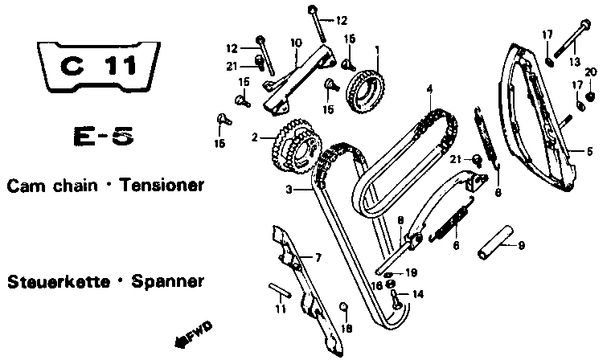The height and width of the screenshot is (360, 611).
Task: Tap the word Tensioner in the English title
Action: tap(161, 186)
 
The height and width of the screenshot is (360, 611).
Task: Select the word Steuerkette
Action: tap(54, 283)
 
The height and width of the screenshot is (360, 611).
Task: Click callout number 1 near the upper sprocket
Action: tap(376, 50)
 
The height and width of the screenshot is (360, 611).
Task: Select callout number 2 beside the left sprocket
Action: tap(255, 137)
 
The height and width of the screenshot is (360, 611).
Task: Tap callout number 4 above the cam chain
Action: tap(430, 88)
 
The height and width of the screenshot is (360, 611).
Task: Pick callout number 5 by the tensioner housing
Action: tap(589, 150)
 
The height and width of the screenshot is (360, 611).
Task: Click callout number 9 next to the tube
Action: tap(520, 245)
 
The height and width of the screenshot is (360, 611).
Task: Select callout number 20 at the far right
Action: tap(591, 72)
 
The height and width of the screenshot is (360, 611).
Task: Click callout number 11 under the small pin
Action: tap(281, 309)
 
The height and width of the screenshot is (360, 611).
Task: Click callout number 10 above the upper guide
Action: tap(296, 42)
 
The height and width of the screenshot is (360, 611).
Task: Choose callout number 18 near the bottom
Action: tap(347, 329)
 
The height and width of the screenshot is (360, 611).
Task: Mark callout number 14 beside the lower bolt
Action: tap(416, 295)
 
